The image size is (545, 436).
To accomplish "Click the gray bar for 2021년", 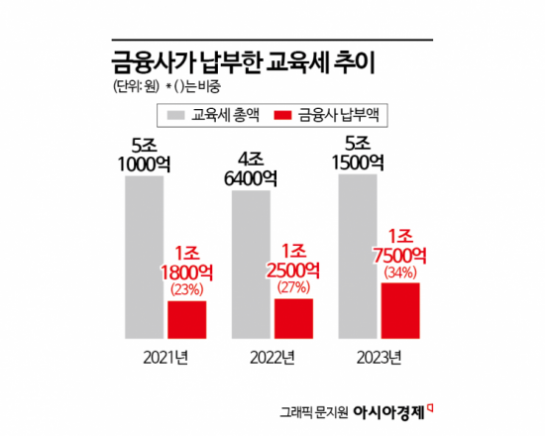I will (x=144, y=258).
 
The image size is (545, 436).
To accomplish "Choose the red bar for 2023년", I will (x=400, y=310).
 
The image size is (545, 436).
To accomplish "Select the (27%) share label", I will (x=294, y=288).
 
